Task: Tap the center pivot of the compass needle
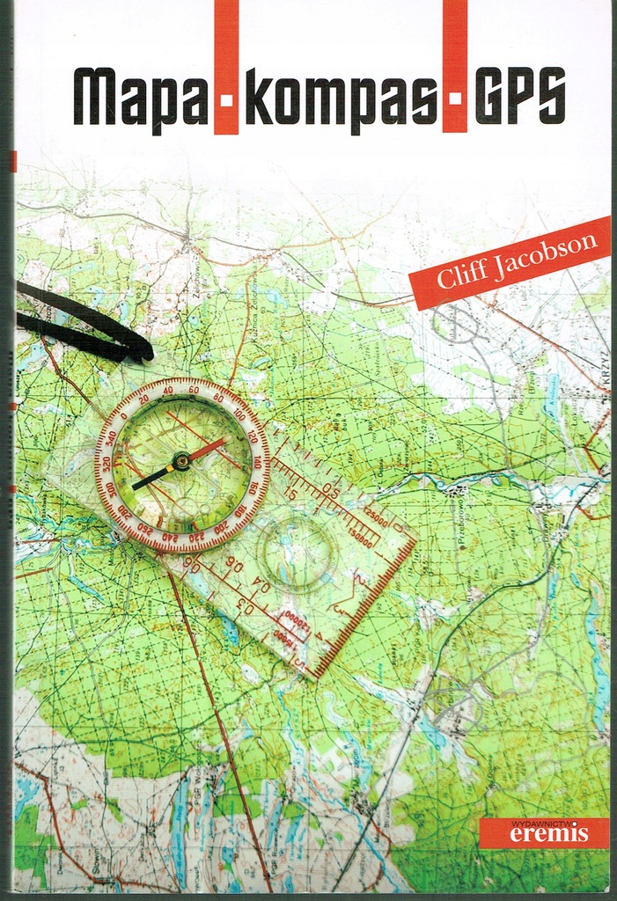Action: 181,460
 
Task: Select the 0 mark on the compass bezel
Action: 124,417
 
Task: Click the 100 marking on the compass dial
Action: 239,414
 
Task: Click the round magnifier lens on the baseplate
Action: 297,552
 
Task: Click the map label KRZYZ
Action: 603,374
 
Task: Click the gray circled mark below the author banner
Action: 455,323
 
